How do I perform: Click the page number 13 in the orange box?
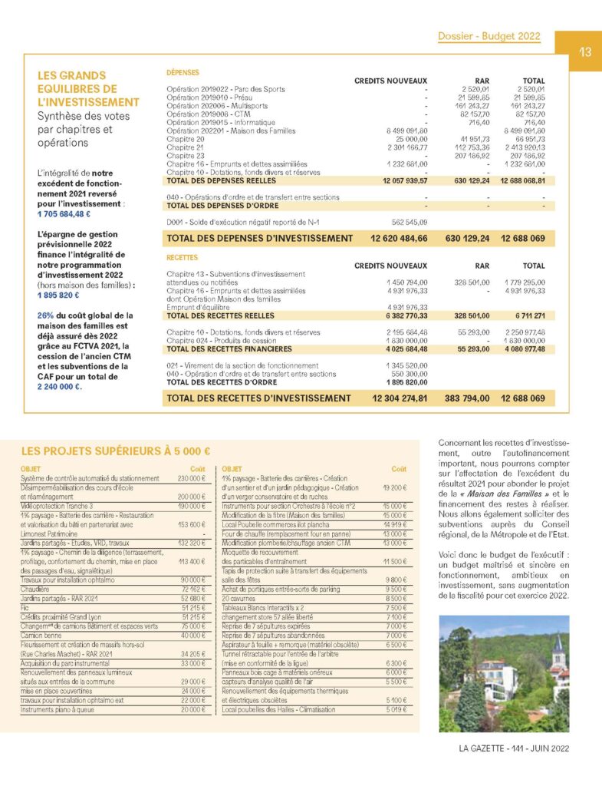pyautogui.click(x=584, y=53)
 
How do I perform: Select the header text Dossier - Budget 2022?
pyautogui.click(x=489, y=36)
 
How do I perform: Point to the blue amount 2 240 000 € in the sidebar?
pyautogui.click(x=59, y=387)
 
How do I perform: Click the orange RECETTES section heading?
pyautogui.click(x=183, y=258)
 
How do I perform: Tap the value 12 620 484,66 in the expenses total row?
pyautogui.click(x=399, y=239)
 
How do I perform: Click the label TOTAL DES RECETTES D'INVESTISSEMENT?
pyautogui.click(x=258, y=398)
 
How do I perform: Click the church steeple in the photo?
pyautogui.click(x=557, y=643)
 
